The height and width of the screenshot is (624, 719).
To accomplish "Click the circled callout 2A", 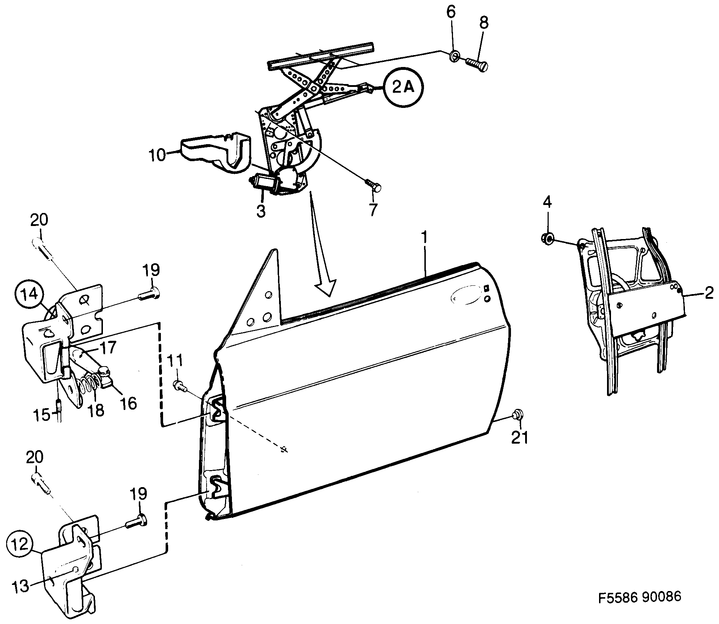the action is [x=403, y=88].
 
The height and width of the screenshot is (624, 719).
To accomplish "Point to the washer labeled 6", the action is [x=454, y=56].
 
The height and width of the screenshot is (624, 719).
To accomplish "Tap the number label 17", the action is [x=107, y=348].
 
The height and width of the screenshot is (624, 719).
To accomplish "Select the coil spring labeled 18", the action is [x=87, y=390].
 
